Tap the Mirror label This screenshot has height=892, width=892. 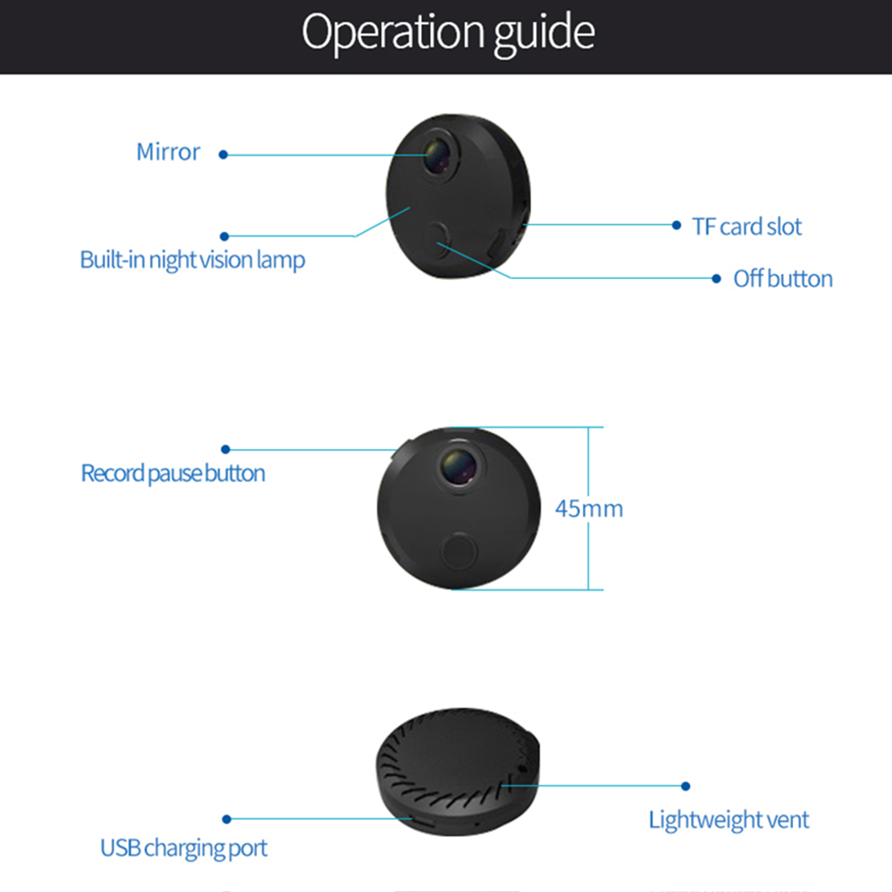[x=168, y=152]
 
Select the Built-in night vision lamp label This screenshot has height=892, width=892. [x=192, y=260]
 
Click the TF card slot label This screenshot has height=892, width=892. [x=746, y=227]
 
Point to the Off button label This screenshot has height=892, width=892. [x=783, y=279]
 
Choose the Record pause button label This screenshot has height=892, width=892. [x=173, y=473]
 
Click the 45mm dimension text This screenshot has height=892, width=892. [x=589, y=508]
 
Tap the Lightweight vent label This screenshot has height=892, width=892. [x=728, y=820]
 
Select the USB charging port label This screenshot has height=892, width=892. [x=183, y=848]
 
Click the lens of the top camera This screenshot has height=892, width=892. [x=440, y=155]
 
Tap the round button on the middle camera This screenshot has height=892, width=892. [x=459, y=551]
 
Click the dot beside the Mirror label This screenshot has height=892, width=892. [x=223, y=154]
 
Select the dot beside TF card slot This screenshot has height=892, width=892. [x=676, y=225]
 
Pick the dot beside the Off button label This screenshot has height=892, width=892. [x=716, y=278]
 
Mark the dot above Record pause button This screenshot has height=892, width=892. [x=226, y=449]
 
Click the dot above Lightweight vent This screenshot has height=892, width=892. [x=686, y=786]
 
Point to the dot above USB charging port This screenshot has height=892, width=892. [x=226, y=819]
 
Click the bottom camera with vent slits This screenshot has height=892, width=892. [x=457, y=772]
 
